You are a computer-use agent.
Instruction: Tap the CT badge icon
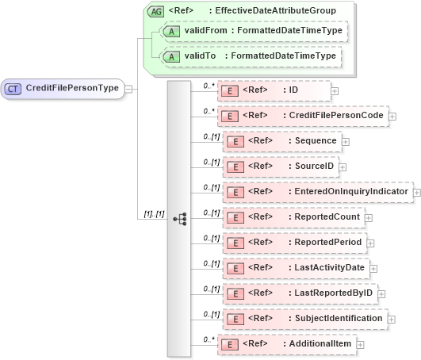pyautogui.click(x=13, y=89)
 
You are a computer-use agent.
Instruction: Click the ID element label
pyautogui.click(x=293, y=90)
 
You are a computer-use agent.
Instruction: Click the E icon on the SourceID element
pyautogui.click(x=235, y=166)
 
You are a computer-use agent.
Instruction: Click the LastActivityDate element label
pyautogui.click(x=325, y=267)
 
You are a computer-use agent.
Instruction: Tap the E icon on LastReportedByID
pyautogui.click(x=235, y=293)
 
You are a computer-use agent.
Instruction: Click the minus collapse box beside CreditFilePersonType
pyautogui.click(x=129, y=89)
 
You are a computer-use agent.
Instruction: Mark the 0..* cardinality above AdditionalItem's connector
pyautogui.click(x=209, y=338)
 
